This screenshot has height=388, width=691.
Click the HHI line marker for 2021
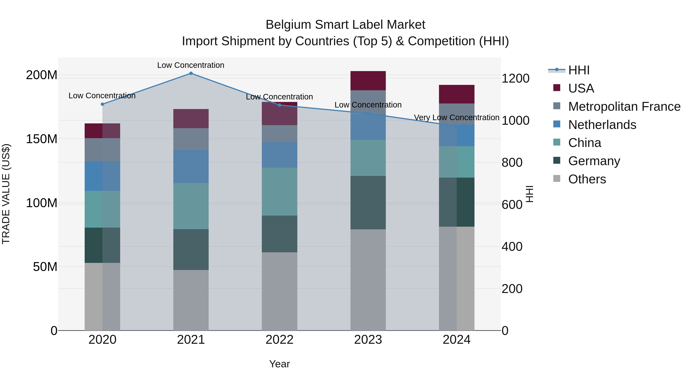[191, 73]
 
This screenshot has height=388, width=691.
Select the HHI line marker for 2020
[102, 104]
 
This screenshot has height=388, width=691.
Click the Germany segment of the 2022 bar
[279, 234]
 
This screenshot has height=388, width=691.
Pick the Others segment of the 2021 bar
[191, 300]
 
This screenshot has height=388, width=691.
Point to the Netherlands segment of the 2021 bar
[191, 166]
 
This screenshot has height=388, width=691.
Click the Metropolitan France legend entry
[624, 107]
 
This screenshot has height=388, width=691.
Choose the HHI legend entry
[579, 70]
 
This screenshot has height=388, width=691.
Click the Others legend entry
[587, 179]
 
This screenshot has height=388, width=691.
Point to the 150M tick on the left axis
[42, 139]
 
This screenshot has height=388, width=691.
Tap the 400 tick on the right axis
[512, 247]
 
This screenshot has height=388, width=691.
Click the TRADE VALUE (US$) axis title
[6, 194]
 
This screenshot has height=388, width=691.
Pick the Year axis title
[279, 364]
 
